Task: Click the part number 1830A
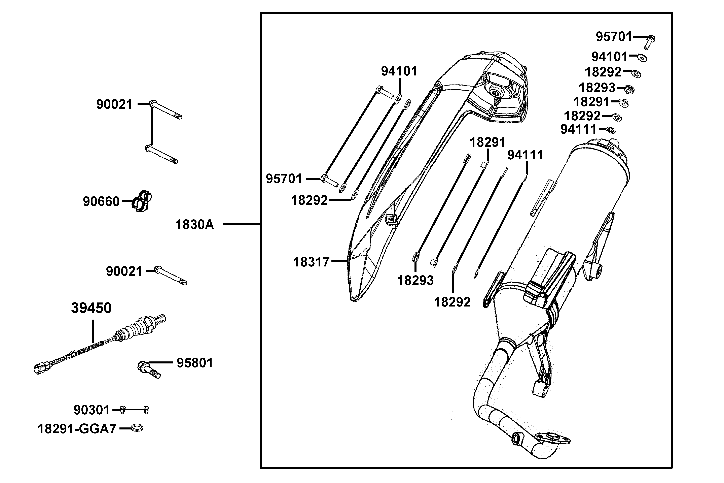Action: (194, 225)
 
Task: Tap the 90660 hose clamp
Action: (142, 201)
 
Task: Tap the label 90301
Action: (92, 410)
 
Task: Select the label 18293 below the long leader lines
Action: (415, 280)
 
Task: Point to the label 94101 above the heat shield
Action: (399, 71)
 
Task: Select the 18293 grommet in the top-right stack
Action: (629, 89)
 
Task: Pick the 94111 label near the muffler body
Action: (526, 155)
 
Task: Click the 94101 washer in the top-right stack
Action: (642, 58)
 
